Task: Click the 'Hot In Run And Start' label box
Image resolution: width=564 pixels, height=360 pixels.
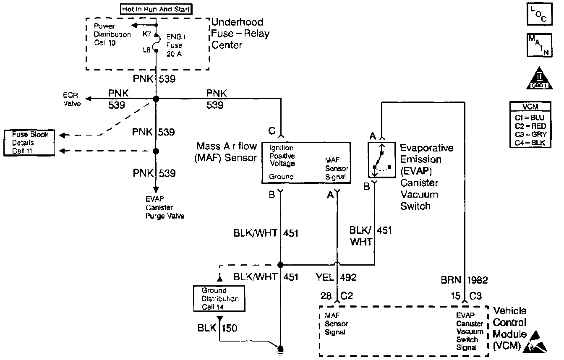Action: pos(156,8)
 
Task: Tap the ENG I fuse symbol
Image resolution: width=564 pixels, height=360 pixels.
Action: pos(156,43)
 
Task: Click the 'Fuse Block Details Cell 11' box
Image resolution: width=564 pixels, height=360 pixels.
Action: pos(30,143)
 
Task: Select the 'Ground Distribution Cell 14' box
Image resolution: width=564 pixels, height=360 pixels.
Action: pos(219,299)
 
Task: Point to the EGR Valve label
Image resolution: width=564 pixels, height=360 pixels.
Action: pos(72,99)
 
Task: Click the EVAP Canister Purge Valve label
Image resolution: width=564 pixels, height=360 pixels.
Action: pos(165,208)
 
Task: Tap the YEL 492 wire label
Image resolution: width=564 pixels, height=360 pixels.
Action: pos(336,277)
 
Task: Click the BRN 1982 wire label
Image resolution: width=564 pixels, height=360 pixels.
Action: pos(464,280)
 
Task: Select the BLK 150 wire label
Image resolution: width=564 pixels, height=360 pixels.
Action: pos(217,328)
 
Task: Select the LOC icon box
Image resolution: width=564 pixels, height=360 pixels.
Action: pos(538,14)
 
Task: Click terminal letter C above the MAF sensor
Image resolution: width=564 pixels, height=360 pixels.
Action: pos(272,131)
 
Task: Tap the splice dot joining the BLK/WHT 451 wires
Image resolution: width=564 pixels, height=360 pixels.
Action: pos(280,265)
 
